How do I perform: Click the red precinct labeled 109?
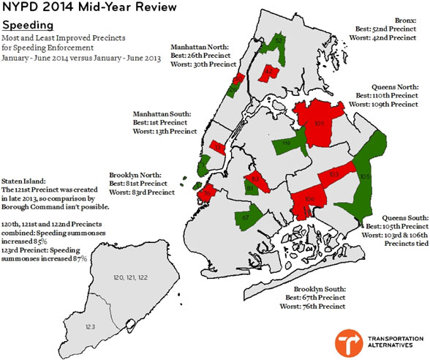coord(319,121)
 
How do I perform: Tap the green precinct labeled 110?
coord(287,143)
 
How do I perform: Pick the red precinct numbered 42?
coord(270,72)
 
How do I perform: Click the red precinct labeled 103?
coord(333,176)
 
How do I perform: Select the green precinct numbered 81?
coord(250,190)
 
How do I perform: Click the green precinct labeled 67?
coord(246,217)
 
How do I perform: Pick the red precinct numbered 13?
coord(217,146)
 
